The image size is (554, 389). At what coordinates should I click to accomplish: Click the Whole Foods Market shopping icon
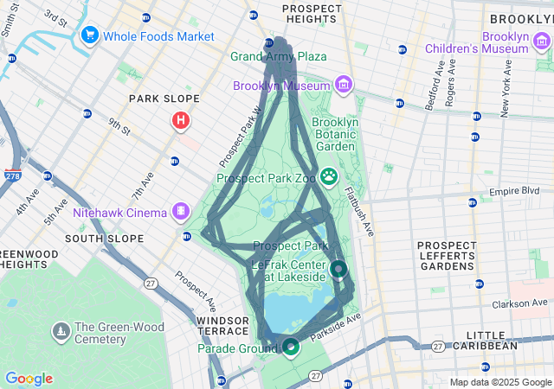[88, 36]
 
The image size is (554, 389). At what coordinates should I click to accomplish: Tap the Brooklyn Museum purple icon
[344, 85]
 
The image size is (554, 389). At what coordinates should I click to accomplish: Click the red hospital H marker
[180, 120]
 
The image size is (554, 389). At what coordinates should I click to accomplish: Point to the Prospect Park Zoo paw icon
[329, 177]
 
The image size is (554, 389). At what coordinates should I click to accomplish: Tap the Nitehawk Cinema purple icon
[180, 210]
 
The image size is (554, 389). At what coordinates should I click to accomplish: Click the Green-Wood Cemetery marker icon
[61, 331]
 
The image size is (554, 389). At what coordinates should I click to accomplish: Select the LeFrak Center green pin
[338, 269]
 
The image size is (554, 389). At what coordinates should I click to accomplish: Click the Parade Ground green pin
[291, 347]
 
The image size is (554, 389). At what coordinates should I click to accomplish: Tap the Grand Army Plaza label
[278, 56]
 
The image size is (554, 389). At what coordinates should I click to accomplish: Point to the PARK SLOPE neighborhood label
[164, 99]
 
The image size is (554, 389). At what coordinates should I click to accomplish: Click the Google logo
[29, 379]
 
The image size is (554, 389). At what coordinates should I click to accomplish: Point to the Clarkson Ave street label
[522, 303]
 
